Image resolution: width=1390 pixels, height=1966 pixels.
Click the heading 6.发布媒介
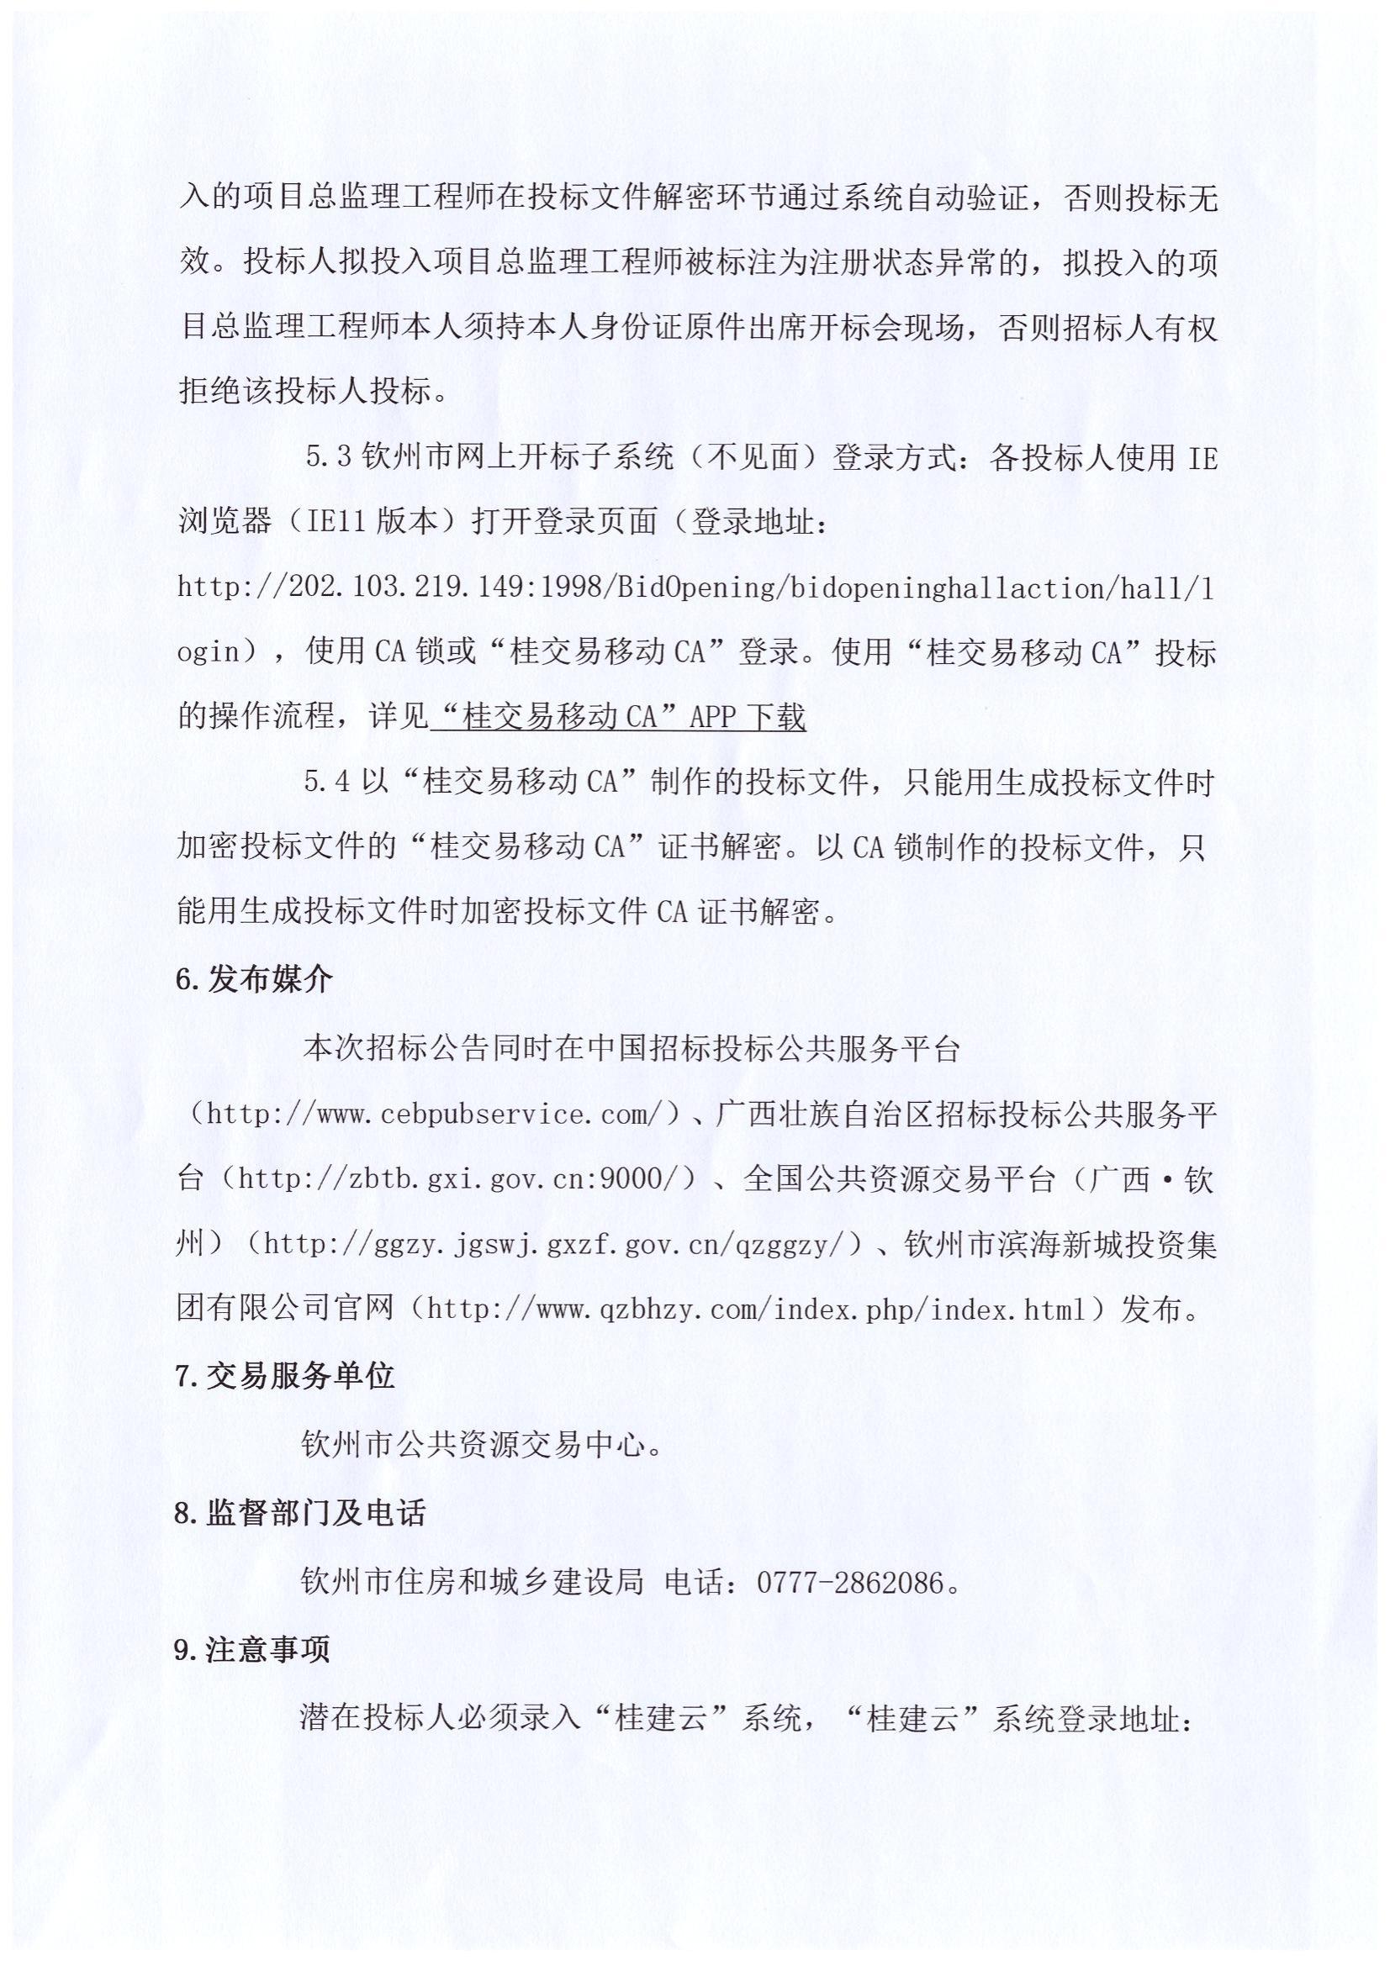point(253,978)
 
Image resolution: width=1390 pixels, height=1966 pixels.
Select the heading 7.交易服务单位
point(284,1375)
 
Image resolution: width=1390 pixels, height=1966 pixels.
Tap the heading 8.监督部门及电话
point(299,1513)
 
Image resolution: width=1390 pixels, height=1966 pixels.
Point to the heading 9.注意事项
point(251,1649)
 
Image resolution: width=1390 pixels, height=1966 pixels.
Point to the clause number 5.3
point(329,457)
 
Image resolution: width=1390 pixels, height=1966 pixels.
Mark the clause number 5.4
point(327,782)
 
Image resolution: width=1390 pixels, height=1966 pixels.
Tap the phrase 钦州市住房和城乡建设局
point(472,1582)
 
